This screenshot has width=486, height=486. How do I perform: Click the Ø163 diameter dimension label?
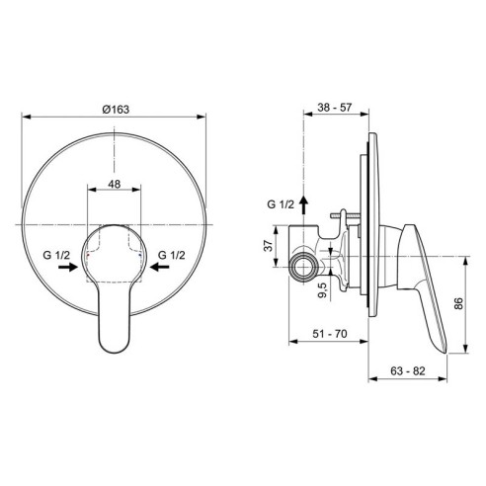click(x=116, y=109)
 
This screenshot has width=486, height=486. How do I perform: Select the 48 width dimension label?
click(x=115, y=184)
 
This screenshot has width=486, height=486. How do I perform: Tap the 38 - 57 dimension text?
click(x=335, y=108)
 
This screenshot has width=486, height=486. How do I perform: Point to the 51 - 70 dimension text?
click(x=330, y=334)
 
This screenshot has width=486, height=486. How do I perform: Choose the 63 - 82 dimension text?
click(x=408, y=371)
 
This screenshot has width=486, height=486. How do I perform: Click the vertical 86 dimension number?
click(x=458, y=303)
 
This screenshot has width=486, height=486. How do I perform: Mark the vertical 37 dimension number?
click(x=269, y=246)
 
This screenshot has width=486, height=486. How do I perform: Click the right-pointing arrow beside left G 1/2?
click(x=68, y=267)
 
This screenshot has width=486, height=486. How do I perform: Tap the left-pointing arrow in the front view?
click(x=160, y=267)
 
